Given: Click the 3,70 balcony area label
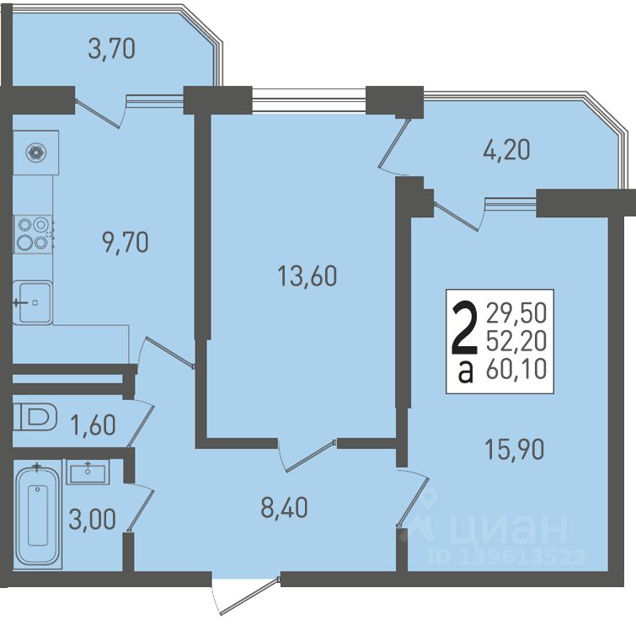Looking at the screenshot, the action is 111,49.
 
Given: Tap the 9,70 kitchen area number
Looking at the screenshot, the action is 126,243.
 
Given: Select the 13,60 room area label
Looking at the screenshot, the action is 307,276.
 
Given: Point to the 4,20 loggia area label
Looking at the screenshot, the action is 506,150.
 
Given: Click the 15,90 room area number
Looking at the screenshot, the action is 515,449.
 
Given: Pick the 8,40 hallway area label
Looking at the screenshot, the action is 284,507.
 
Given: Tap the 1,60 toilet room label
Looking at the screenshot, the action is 93,425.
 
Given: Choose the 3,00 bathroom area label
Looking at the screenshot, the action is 92,519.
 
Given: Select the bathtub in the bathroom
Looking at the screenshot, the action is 38,515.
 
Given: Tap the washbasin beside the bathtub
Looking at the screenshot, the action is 88,473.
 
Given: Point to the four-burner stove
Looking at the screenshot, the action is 33,234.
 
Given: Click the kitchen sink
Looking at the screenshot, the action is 33,302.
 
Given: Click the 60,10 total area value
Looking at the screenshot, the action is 516,370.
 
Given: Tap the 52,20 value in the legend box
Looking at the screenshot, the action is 516,341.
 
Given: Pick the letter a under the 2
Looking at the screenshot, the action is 466,372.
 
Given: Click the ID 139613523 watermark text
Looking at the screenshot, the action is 506,557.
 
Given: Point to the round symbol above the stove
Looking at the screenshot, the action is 36,153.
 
